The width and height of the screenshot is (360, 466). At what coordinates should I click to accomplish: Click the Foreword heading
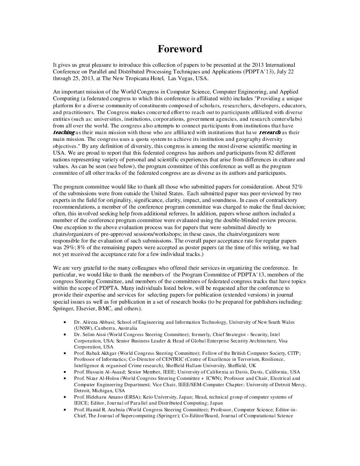coord(180,49)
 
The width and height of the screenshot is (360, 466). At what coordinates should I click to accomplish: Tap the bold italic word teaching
coord(64,132)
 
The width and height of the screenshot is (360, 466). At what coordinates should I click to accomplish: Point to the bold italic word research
coord(270,132)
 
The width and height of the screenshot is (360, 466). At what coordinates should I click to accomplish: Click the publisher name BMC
coord(105,309)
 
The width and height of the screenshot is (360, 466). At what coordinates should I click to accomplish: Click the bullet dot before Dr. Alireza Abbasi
coord(64,322)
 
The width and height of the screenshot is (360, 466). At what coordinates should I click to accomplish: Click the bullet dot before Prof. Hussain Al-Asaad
coord(64,372)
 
